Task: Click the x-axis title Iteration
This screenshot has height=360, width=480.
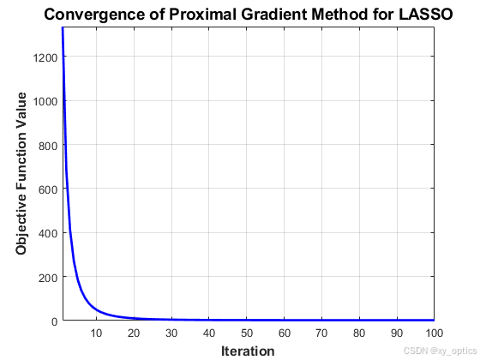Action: point(248,351)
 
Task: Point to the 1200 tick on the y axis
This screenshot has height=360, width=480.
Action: point(45,57)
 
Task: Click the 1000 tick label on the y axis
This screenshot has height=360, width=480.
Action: point(45,101)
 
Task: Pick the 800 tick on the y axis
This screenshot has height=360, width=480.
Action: point(47,145)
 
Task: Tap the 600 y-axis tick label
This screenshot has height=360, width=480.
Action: point(47,189)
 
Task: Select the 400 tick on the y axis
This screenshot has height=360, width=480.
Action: point(47,233)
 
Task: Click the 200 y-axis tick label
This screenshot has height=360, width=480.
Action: point(47,277)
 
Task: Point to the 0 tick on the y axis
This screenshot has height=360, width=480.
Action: point(53,321)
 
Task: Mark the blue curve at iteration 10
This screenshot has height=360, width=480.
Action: point(97,309)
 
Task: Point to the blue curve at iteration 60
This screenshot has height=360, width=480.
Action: point(285,320)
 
